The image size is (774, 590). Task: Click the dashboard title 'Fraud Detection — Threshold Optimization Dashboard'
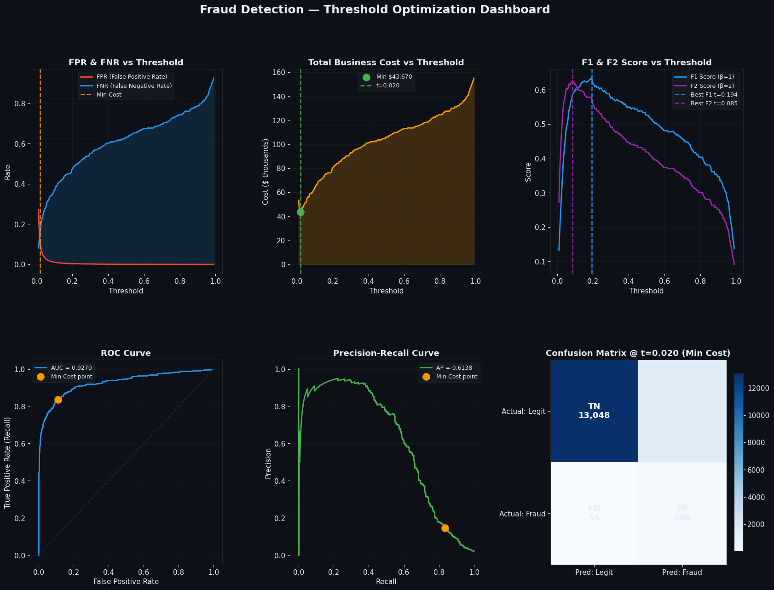[x=375, y=10]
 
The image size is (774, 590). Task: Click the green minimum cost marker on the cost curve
[x=300, y=212]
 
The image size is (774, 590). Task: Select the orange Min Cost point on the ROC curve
[x=58, y=400]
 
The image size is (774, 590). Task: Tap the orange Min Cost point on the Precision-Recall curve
[x=445, y=528]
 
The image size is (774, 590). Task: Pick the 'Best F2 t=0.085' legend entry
[x=714, y=103]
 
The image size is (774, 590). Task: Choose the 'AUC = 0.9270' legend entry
[x=71, y=368]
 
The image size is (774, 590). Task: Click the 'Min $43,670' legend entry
[x=394, y=77]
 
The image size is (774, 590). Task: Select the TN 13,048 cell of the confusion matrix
[x=594, y=411]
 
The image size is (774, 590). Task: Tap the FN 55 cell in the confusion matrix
[x=594, y=513]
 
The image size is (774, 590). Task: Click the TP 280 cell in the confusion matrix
[x=682, y=513]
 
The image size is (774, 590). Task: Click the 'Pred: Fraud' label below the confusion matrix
[x=682, y=573]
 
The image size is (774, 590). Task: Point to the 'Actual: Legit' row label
[x=524, y=412]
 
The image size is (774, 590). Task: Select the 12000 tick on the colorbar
[x=757, y=388]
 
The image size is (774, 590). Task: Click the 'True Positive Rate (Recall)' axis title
[x=7, y=462]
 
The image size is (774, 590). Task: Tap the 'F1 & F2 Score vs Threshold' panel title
[x=646, y=63]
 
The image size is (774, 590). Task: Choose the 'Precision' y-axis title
[x=268, y=463]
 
